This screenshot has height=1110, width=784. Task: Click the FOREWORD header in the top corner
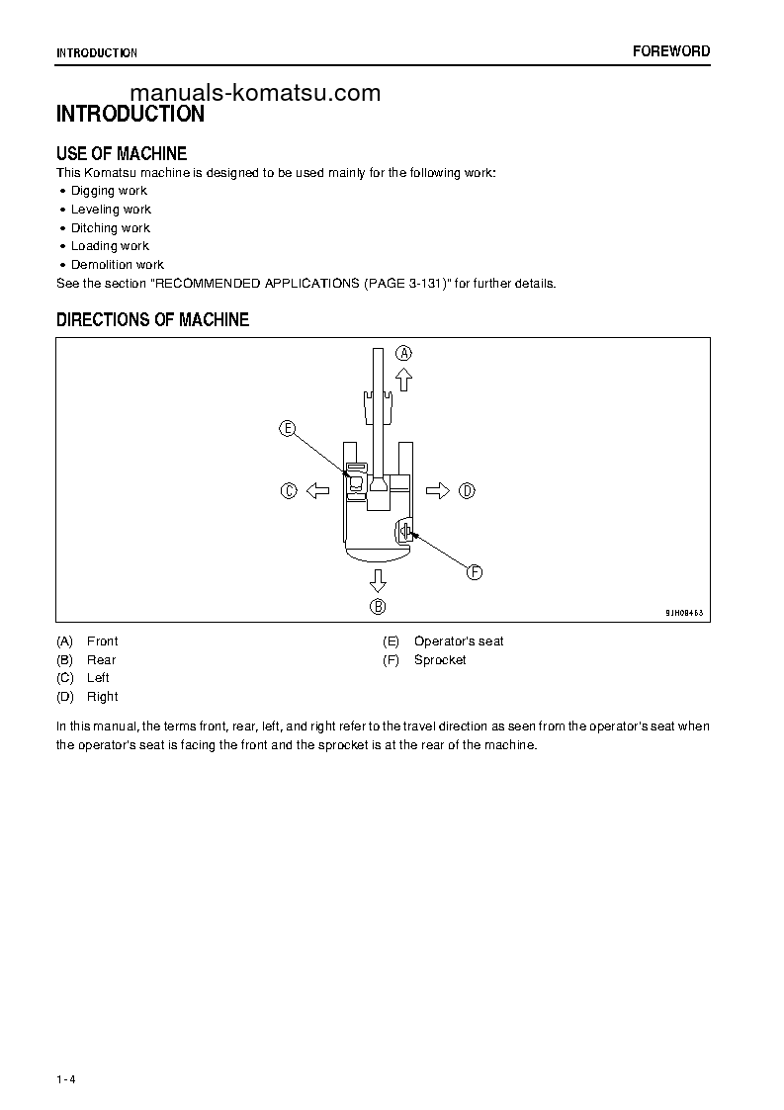(x=670, y=51)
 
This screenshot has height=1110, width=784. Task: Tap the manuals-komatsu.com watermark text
(x=255, y=93)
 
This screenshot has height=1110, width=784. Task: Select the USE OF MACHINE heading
(x=122, y=153)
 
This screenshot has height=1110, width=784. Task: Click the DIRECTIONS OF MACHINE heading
(x=152, y=319)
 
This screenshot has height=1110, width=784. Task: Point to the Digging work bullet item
(x=109, y=191)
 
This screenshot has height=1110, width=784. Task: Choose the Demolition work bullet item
(x=117, y=265)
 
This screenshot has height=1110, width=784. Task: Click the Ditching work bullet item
(x=110, y=228)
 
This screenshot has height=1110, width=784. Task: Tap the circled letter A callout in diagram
(x=404, y=353)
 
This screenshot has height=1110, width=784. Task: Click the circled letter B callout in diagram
(x=378, y=607)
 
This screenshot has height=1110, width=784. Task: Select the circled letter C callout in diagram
(x=289, y=490)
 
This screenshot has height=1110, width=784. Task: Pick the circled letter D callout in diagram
(x=468, y=490)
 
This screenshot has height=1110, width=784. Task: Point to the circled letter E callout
(x=287, y=428)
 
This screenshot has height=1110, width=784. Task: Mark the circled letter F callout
(x=474, y=572)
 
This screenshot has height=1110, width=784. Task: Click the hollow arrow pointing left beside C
(x=316, y=490)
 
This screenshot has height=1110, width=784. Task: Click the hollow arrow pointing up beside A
(x=404, y=380)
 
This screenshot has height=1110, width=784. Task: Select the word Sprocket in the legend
(x=440, y=659)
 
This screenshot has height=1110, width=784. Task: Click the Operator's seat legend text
(x=459, y=641)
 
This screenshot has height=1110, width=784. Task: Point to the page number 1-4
(x=66, y=1079)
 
